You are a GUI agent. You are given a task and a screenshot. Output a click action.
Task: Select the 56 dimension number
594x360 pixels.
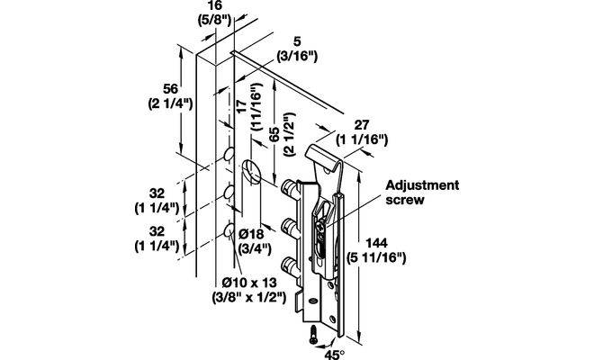164,86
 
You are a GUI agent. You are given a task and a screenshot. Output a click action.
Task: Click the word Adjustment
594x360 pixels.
422,185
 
